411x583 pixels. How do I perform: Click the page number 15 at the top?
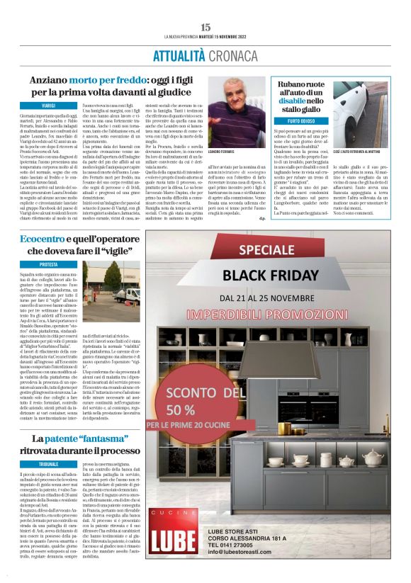(205, 26)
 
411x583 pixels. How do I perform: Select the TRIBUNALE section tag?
(48, 443)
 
